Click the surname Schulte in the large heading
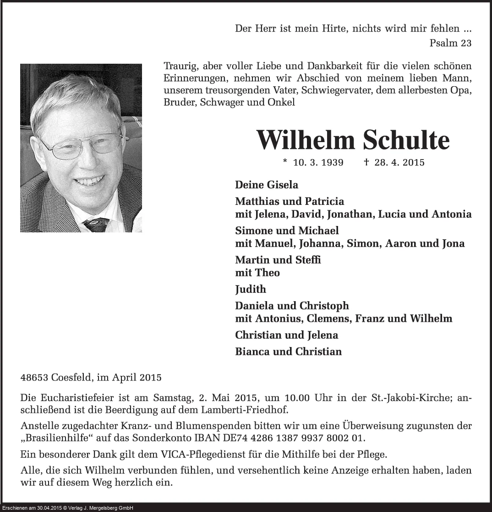pos(406,140)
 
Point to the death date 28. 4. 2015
pos(399,162)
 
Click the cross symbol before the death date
pos(366,162)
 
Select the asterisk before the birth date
pos(285,161)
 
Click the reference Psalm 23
pos(451,43)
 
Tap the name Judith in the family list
pos(251,289)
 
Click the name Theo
pos(268,273)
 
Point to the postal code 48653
pos(34,378)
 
